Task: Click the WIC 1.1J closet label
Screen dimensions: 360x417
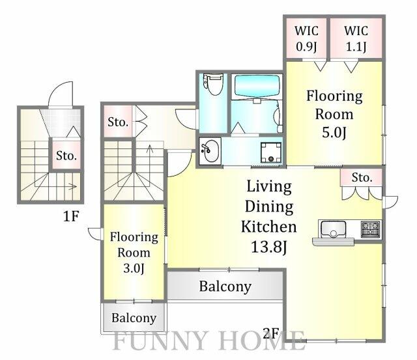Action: point(355,38)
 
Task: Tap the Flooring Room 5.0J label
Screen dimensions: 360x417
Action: point(334,115)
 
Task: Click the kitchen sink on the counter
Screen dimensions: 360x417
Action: point(334,230)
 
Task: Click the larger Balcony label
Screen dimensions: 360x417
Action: point(225,286)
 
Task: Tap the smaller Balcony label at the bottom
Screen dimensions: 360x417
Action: point(134,318)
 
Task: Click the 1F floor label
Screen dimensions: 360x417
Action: point(70,216)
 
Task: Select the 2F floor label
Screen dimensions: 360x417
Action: point(270,335)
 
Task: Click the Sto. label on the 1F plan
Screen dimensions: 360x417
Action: point(66,156)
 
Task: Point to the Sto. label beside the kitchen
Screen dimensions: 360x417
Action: point(362,177)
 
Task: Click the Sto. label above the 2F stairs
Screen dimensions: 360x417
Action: point(118,122)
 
